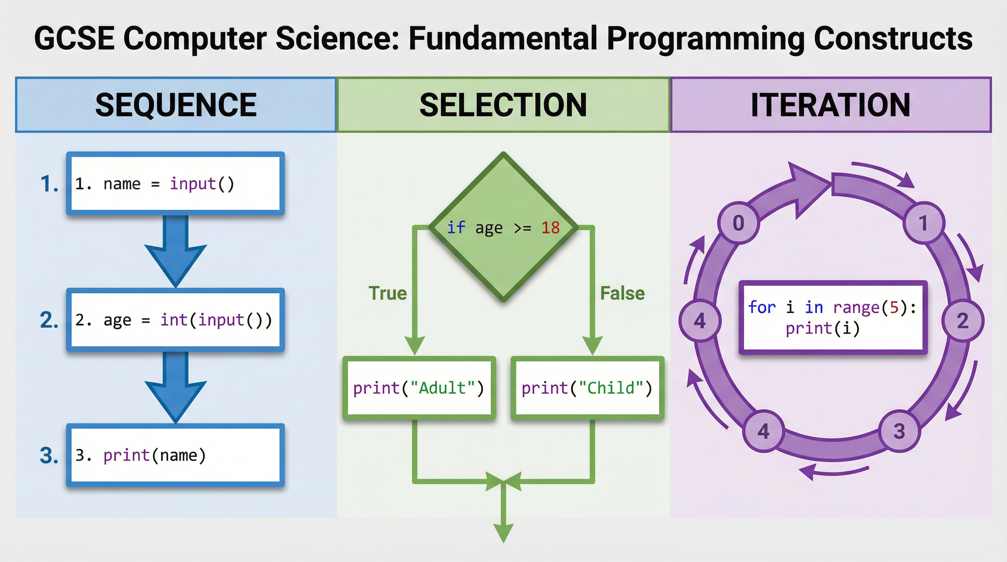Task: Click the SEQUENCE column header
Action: (176, 105)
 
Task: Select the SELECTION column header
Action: (503, 105)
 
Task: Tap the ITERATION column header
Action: (831, 105)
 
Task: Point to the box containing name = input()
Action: (176, 184)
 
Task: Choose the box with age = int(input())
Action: (176, 320)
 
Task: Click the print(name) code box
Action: (176, 455)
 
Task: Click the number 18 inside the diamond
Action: (550, 228)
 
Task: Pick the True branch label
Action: (388, 293)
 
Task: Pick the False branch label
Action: (622, 293)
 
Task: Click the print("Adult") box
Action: (419, 388)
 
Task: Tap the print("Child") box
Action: (587, 388)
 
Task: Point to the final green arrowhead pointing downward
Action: (503, 533)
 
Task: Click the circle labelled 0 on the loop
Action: (738, 223)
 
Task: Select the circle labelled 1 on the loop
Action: (924, 223)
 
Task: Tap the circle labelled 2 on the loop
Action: (962, 321)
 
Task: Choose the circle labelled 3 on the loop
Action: (899, 431)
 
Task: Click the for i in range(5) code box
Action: (833, 317)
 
